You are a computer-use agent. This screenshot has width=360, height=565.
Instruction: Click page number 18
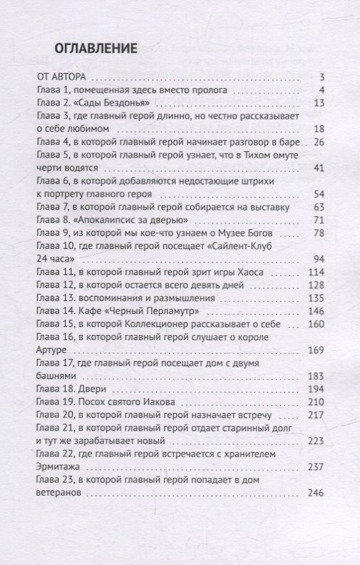coord(322,129)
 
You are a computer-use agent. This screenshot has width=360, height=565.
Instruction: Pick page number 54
coord(322,194)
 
